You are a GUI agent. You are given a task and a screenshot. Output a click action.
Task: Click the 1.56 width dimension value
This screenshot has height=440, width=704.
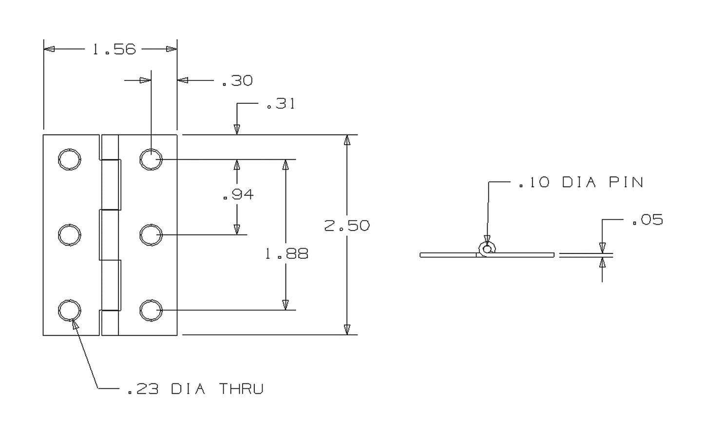(x=114, y=49)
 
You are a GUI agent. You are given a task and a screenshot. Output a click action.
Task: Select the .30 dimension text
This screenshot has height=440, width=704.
(x=237, y=80)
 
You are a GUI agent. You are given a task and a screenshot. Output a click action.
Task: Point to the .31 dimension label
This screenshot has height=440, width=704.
(x=281, y=104)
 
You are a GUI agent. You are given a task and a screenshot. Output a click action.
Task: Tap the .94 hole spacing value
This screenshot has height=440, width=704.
(x=238, y=195)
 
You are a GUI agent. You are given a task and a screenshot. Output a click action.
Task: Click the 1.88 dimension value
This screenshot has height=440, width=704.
(x=286, y=254)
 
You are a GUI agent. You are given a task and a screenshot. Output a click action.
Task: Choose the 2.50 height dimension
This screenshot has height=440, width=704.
(x=347, y=226)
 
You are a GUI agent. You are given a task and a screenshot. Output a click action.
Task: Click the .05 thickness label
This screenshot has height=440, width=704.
(x=647, y=220)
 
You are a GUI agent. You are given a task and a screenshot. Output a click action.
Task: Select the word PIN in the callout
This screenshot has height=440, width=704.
(x=627, y=182)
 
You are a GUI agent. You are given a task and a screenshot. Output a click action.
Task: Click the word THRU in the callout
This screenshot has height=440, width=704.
(x=241, y=389)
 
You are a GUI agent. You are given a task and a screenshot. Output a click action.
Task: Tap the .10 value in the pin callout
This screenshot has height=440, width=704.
(x=533, y=182)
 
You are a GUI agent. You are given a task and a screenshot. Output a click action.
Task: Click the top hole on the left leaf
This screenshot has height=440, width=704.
(x=69, y=159)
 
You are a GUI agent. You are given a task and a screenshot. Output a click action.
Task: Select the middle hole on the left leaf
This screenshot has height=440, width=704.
(x=69, y=235)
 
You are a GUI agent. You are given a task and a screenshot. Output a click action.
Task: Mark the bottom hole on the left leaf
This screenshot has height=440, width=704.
(x=69, y=310)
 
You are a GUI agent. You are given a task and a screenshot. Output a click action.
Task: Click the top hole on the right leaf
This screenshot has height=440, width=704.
(x=151, y=159)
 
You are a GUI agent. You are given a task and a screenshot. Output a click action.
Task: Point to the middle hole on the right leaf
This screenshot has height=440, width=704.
(x=151, y=235)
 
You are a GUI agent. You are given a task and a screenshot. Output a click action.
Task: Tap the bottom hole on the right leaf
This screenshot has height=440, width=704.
(x=151, y=310)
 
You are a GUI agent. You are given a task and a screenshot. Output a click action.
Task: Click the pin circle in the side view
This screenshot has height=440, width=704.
(x=487, y=249)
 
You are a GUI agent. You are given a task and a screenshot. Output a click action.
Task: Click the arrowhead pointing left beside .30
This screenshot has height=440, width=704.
(x=183, y=80)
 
